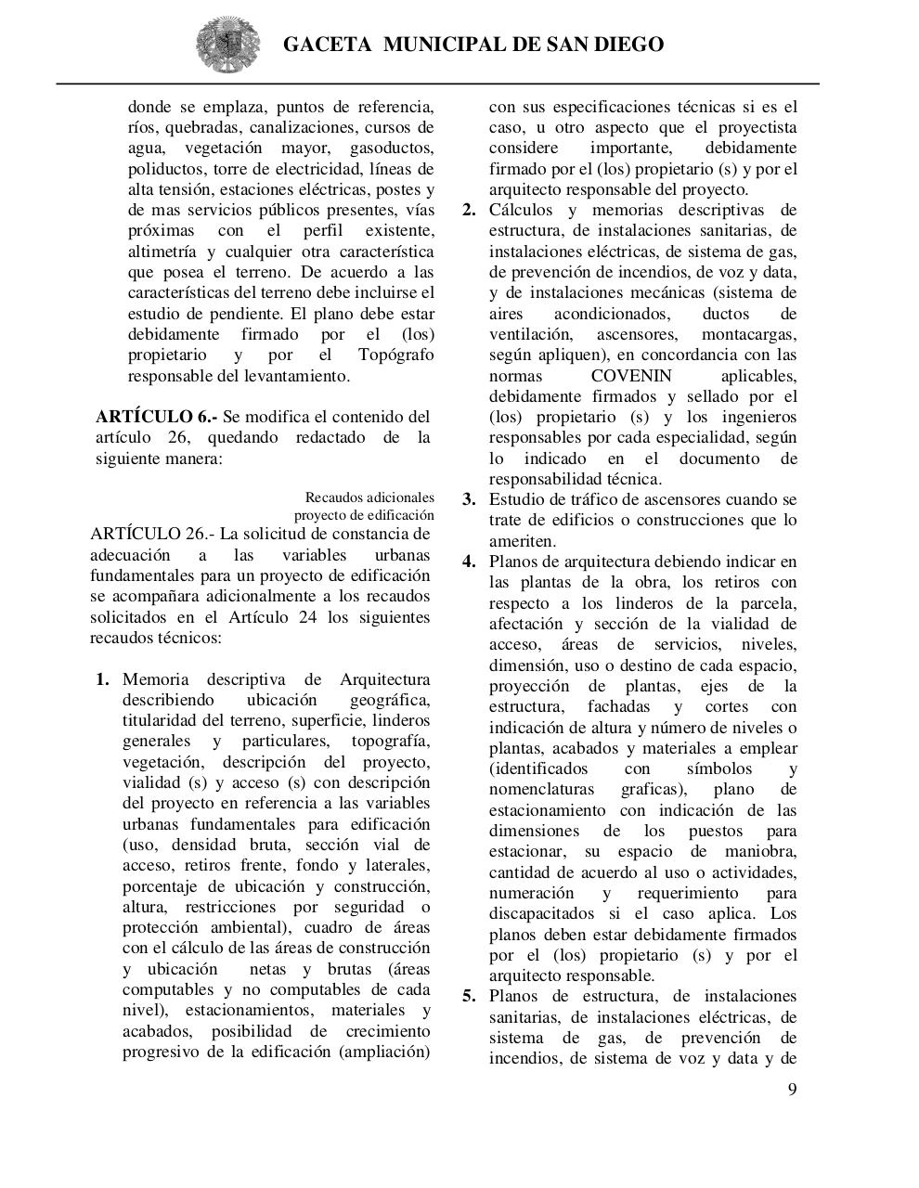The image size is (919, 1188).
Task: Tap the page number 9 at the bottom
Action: [x=792, y=1090]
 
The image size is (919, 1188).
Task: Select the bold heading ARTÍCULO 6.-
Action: [x=155, y=417]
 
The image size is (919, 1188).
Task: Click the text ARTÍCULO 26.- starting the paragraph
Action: [x=150, y=534]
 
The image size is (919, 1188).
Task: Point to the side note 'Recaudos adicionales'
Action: [x=369, y=497]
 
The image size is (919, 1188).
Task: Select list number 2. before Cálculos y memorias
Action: [x=469, y=210]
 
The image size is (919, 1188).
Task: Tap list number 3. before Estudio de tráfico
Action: [x=469, y=499]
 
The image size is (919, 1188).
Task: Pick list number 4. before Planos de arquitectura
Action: [x=469, y=562]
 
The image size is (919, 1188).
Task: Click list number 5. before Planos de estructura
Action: [x=469, y=997]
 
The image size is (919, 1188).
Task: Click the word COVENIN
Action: [x=630, y=376]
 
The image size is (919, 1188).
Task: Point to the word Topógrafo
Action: [x=395, y=355]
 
